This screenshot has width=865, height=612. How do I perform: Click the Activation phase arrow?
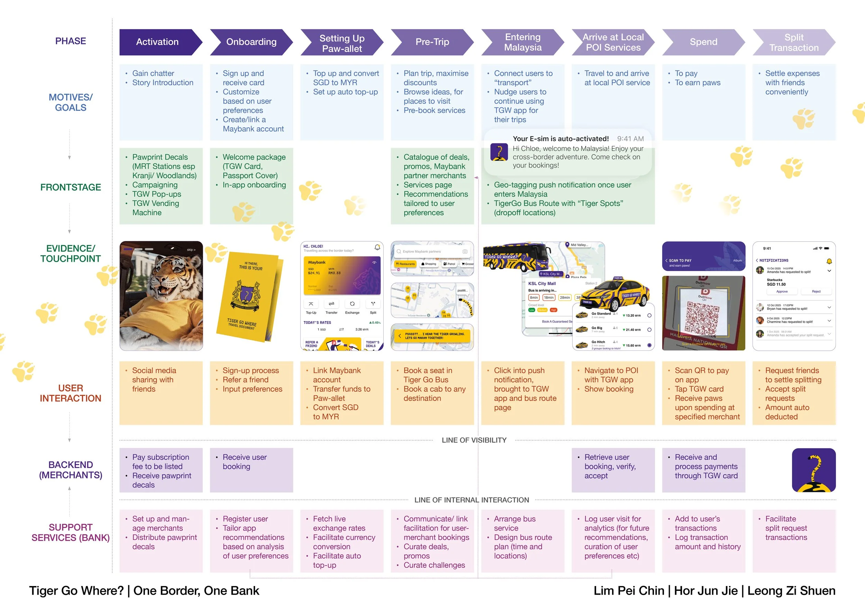[x=157, y=42]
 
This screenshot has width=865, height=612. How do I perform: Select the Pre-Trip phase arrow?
[x=432, y=42]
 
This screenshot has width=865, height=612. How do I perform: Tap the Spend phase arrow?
[x=703, y=42]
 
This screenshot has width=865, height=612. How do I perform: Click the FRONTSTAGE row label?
[x=71, y=187]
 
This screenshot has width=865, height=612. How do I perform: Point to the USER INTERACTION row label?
[x=71, y=393]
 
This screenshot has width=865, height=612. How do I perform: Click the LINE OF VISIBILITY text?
[x=474, y=440]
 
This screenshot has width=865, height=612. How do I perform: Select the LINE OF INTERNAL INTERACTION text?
[x=472, y=500]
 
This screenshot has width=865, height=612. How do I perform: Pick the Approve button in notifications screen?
[x=782, y=292]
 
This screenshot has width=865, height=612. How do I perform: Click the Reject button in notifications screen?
[x=816, y=292]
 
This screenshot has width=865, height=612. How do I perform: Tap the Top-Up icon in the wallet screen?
[x=311, y=304]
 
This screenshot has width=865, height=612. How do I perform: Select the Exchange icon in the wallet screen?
[x=352, y=304]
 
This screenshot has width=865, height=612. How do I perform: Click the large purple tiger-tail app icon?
[x=814, y=470]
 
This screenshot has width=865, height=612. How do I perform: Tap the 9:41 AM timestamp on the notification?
[x=630, y=139]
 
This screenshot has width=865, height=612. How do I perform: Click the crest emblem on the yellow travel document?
[x=247, y=294]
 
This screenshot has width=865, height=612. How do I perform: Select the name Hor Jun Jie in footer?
[x=705, y=591]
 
